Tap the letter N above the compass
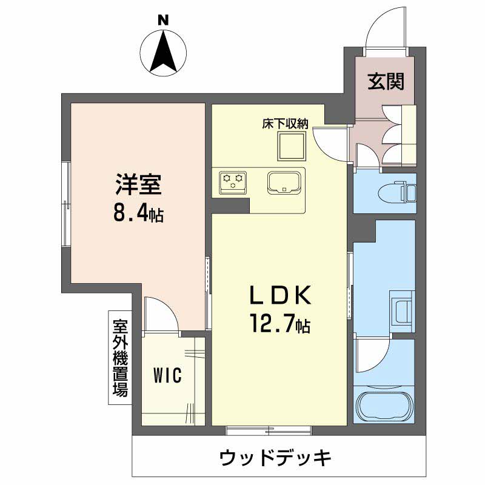coord(163,20)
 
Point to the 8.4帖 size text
coord(138,213)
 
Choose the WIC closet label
coord(167,376)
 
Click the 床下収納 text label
coord(285,124)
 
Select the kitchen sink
coord(284,182)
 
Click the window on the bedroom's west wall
coord(67,203)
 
